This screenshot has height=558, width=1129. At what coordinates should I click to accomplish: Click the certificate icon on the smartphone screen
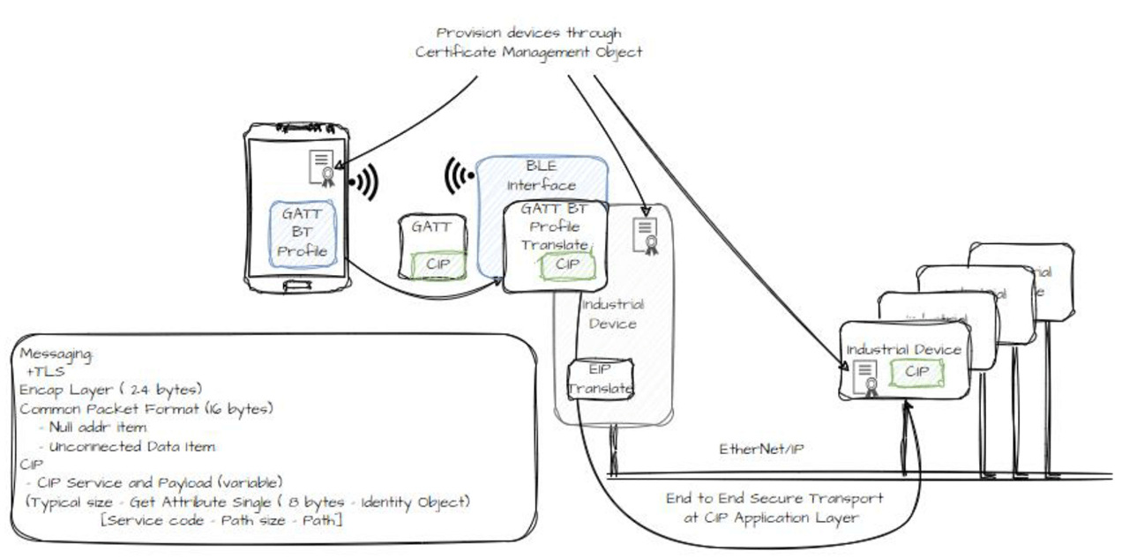click(319, 167)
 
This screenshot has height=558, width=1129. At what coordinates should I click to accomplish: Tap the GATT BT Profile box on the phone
click(303, 233)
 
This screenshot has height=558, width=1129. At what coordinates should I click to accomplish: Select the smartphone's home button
click(295, 284)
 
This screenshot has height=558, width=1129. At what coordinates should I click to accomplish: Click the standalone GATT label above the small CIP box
click(431, 227)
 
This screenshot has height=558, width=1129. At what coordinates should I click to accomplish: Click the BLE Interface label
click(541, 176)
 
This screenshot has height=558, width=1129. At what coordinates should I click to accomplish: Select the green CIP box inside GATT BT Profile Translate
click(568, 264)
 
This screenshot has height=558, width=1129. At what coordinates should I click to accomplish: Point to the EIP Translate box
click(601, 378)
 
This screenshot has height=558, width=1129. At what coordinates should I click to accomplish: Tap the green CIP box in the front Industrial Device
click(916, 372)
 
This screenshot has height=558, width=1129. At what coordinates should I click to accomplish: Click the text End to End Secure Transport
click(774, 499)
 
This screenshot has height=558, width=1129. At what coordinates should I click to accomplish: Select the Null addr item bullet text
click(93, 427)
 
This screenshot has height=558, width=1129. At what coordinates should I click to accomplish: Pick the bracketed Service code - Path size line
click(221, 521)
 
